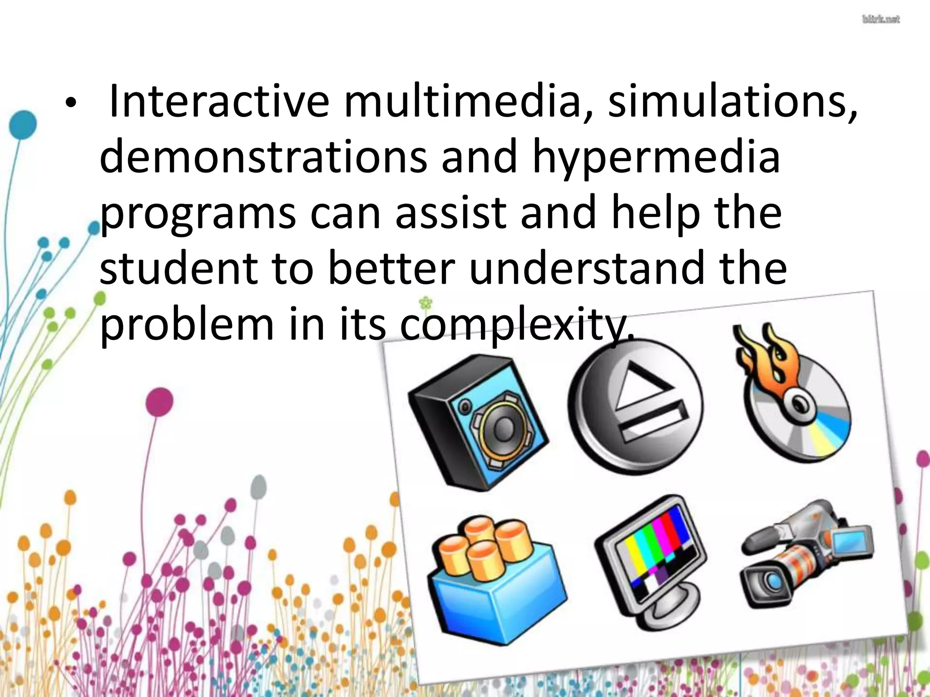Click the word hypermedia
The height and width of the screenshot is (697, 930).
[656, 159]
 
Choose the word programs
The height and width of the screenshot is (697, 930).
[198, 214]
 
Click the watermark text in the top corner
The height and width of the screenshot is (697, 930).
[880, 20]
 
